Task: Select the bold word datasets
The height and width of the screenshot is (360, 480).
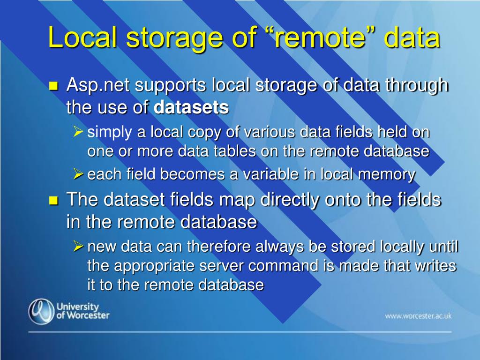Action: tap(191, 107)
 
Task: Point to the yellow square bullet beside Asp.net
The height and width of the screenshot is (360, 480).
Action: tap(53, 86)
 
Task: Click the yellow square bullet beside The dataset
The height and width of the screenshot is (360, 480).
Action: tap(53, 201)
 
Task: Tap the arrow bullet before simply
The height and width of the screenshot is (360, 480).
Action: tap(78, 132)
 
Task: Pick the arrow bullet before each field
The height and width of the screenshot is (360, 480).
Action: tap(78, 174)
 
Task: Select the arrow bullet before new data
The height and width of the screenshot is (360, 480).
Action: tap(78, 246)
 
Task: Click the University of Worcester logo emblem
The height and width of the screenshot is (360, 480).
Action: tap(41, 311)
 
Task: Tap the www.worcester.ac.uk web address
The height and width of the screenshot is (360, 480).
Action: tap(418, 315)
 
